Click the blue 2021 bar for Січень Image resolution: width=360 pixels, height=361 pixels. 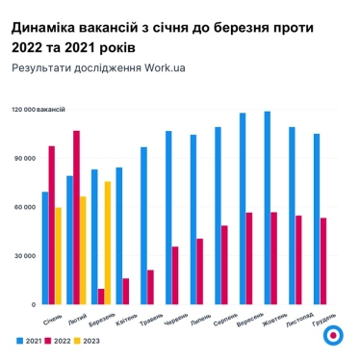(44, 247)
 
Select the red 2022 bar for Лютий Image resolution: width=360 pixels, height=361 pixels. (77, 217)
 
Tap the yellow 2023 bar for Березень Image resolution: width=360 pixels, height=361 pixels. (108, 243)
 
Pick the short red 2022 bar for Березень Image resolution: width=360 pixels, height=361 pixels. (101, 296)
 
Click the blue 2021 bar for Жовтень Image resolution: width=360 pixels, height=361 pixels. (267, 208)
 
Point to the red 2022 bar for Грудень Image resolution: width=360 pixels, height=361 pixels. (323, 261)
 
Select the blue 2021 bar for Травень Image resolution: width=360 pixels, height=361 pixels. (143, 225)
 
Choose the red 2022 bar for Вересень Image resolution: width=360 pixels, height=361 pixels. (249, 258)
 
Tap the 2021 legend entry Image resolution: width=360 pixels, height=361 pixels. (28, 341)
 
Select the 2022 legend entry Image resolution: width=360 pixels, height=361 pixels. (61, 341)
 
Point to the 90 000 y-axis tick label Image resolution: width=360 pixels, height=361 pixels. (25, 158)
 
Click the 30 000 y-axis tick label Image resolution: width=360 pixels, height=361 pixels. (25, 256)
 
